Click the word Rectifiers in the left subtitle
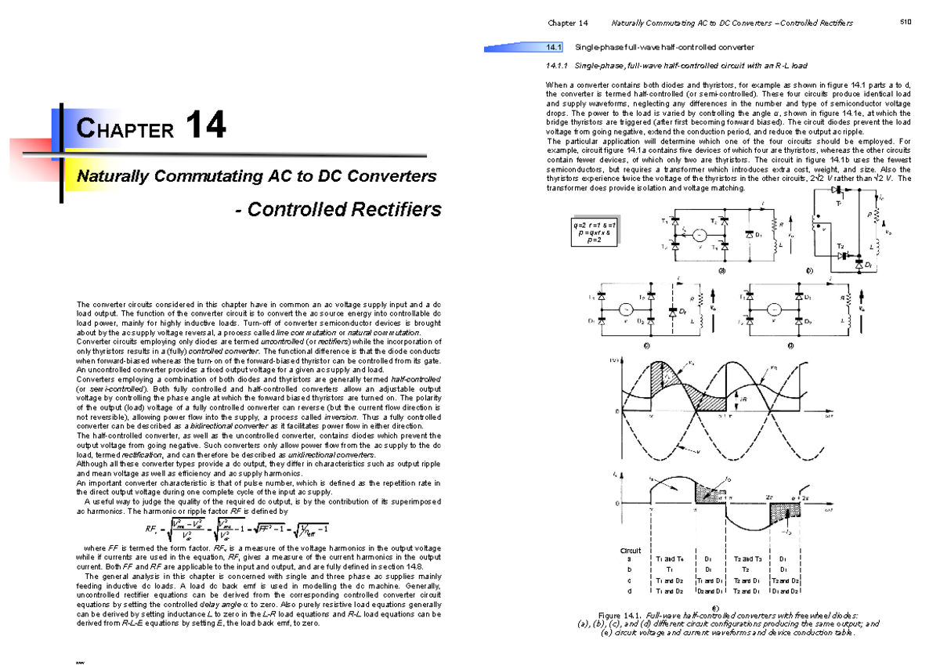392,209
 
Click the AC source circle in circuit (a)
702,235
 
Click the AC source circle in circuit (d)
772,309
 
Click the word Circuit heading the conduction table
631,551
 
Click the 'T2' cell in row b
748,569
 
